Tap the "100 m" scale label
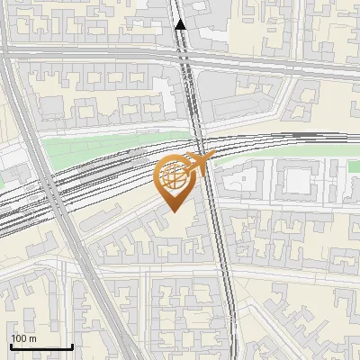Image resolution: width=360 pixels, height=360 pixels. (x=23, y=337)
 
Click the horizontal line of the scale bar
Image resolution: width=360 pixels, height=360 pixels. (x=41, y=346)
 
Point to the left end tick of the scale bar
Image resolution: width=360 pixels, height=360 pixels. (x=11, y=345)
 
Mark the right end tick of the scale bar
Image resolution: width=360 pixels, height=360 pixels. (x=72, y=345)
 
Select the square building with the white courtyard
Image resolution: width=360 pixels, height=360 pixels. (x=295, y=180)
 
